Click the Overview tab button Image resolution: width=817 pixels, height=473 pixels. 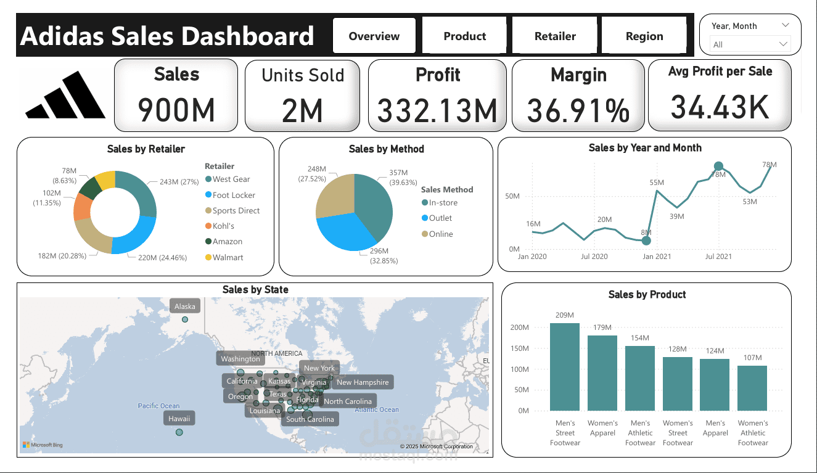[x=374, y=36]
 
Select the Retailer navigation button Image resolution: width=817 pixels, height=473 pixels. [x=555, y=36]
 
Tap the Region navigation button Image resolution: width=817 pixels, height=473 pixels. [x=644, y=36]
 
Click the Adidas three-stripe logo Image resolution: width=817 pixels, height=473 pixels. [x=65, y=95]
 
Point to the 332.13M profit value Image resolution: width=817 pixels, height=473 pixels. [x=437, y=111]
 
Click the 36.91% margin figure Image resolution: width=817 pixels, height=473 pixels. [x=578, y=111]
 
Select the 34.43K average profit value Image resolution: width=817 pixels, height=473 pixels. [x=720, y=106]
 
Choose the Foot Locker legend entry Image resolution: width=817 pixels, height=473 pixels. [x=234, y=195]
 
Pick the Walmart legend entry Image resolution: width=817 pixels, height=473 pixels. [x=228, y=257]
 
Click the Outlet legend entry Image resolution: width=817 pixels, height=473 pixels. [x=440, y=218]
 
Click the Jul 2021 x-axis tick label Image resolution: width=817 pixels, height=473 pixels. [x=718, y=256]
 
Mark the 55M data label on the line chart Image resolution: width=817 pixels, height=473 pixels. [x=657, y=183]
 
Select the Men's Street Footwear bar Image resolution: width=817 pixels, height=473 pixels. [x=565, y=366]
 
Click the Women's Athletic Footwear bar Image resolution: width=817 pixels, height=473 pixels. [x=752, y=388]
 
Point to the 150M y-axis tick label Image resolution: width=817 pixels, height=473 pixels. [x=520, y=348]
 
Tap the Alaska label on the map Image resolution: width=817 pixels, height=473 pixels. [x=185, y=306]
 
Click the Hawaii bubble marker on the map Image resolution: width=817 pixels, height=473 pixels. [x=179, y=432]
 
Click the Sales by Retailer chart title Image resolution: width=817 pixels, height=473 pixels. [x=146, y=149]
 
